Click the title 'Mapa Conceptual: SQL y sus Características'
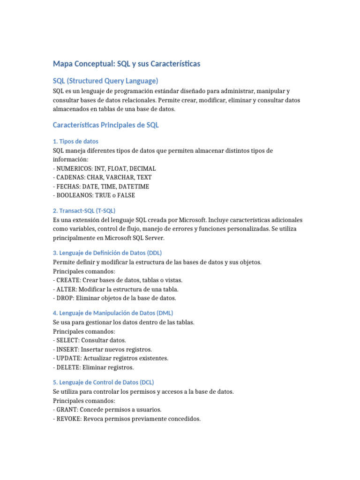coord(127,63)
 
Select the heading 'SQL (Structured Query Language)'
coord(105,81)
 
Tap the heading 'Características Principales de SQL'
coord(106,125)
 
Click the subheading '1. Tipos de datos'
coord(75,141)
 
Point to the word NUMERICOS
coord(74,168)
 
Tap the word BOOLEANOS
coord(74,195)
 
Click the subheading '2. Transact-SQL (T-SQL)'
coord(84,210)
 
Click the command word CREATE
coord(66,280)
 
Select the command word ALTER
coord(65,289)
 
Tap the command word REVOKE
coord(68,419)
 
